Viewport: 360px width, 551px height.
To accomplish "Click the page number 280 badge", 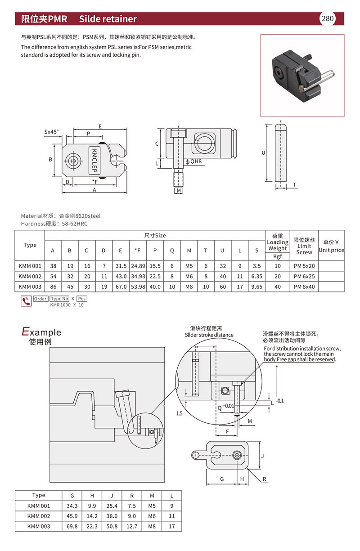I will [327, 18].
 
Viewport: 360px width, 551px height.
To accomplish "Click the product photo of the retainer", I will [302, 76].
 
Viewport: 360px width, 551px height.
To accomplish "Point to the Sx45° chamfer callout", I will [51, 132].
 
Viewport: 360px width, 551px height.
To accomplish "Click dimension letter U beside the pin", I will [264, 153].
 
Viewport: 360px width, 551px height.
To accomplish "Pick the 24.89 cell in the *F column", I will [137, 266].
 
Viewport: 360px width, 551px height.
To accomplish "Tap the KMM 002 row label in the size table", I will [30, 277].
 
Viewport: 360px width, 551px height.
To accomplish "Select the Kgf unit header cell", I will [277, 256].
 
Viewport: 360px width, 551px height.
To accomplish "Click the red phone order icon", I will [26, 301].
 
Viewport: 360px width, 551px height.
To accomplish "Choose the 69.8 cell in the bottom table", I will [72, 526].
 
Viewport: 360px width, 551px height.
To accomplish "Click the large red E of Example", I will [25, 332].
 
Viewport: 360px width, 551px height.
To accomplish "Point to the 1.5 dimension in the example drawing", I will [180, 413].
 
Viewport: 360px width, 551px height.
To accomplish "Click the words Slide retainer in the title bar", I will [108, 19].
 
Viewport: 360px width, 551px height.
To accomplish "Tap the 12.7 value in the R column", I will [132, 526].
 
